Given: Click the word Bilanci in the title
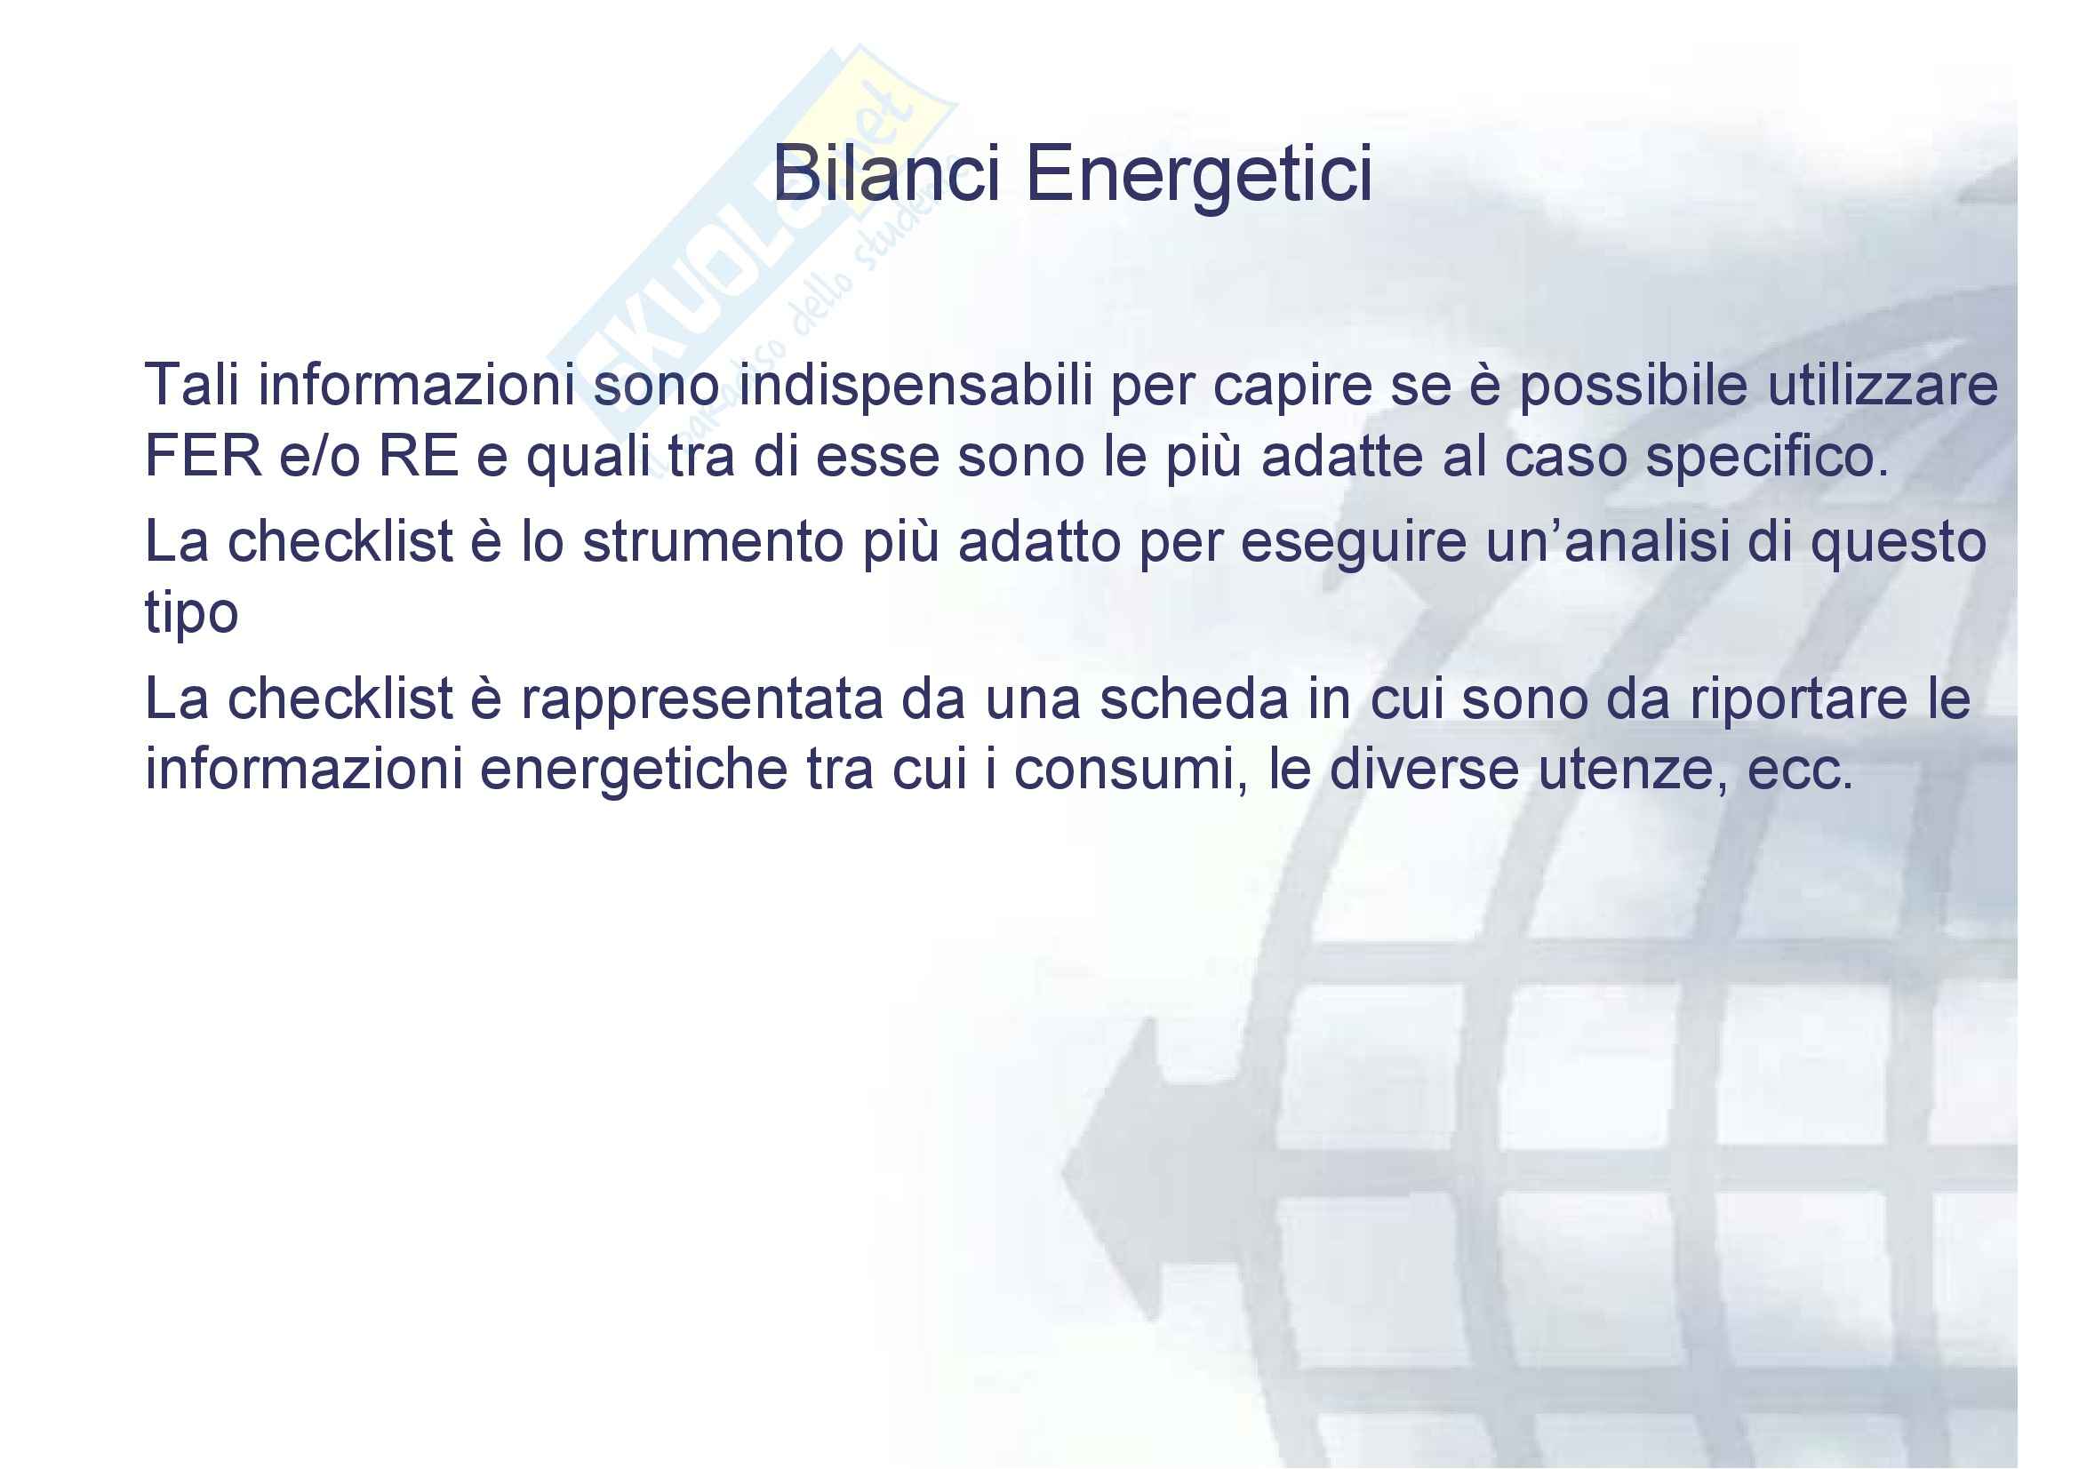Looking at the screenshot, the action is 886,173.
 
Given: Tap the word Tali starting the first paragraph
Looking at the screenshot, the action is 192,384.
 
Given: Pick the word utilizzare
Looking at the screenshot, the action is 1883,384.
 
